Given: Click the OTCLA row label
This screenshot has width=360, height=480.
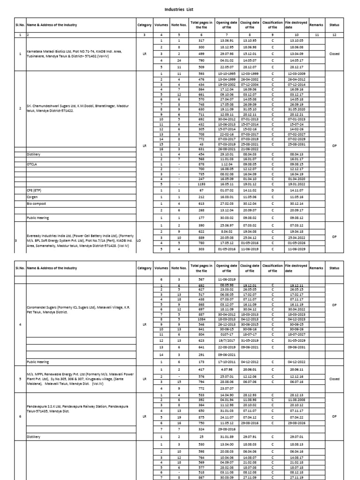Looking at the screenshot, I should pyautogui.click(x=33, y=165).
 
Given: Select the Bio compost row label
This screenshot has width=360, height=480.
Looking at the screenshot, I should pyautogui.click(x=37, y=204).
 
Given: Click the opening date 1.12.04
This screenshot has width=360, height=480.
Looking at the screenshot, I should pyautogui.click(x=227, y=165).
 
